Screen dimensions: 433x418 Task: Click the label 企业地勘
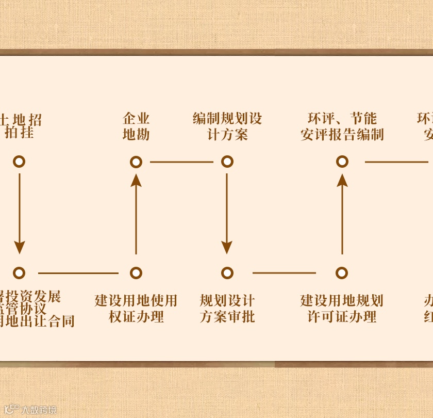coord(136,127)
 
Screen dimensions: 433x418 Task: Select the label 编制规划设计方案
coord(227,127)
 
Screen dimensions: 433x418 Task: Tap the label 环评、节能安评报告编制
coord(342,127)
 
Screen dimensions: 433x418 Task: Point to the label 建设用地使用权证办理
coord(136,309)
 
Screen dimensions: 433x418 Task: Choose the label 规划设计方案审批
coord(227,309)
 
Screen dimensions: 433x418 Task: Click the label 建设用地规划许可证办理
coord(342,309)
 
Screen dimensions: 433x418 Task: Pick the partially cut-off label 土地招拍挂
coord(21,127)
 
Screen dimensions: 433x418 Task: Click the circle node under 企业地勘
coord(136,162)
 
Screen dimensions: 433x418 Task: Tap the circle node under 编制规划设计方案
coord(227,162)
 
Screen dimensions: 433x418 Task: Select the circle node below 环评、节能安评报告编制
coord(342,162)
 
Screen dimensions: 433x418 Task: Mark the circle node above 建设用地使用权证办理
coord(136,273)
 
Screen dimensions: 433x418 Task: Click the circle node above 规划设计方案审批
coord(227,273)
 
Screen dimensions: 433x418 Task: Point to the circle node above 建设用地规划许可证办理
coord(342,273)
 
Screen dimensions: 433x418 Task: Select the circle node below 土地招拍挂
coord(19,162)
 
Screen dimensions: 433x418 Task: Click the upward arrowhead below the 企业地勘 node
coord(136,180)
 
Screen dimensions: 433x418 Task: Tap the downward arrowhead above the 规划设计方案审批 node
coord(227,247)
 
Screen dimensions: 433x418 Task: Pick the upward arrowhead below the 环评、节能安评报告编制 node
coord(342,180)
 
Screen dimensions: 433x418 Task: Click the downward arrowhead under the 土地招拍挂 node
coord(19,247)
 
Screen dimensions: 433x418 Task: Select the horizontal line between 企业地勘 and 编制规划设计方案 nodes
coord(181,162)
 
